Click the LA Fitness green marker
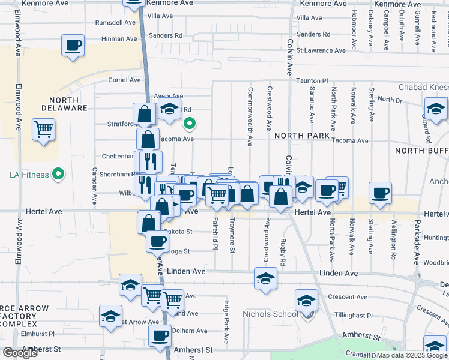coord(58,175)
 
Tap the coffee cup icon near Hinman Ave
coord(73,46)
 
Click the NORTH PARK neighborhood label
coord(302,136)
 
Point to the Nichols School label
coord(270,314)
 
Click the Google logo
coord(20,353)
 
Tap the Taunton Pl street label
coord(312,80)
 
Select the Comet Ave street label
coord(124,80)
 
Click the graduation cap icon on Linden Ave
coord(265,278)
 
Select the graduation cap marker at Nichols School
coord(306,301)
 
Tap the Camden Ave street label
coord(94,186)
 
